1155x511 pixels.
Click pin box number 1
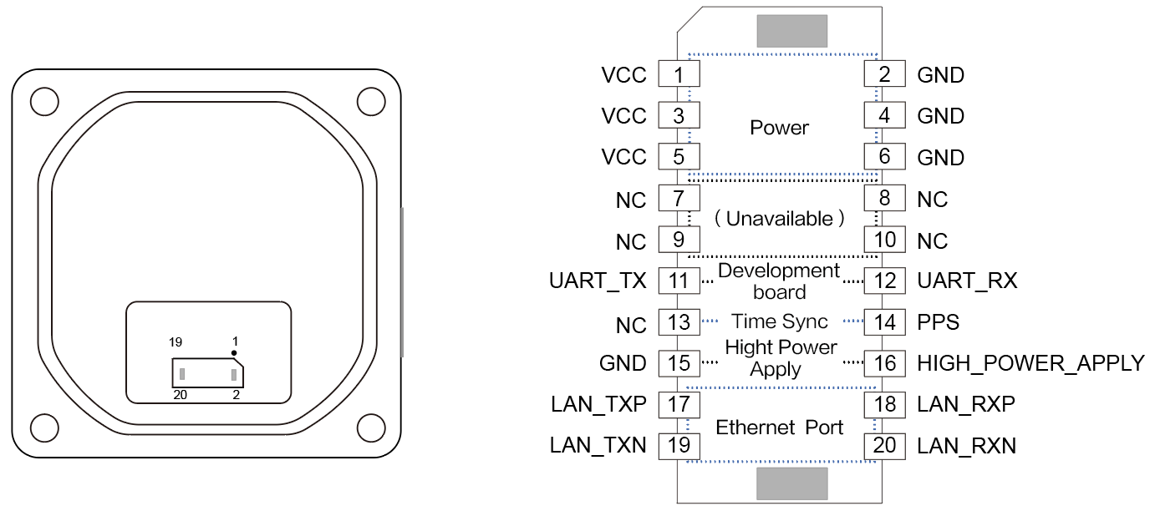[x=679, y=74]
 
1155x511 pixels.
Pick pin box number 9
[x=679, y=240]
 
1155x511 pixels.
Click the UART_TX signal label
[x=598, y=281]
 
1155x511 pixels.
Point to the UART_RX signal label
[x=967, y=281]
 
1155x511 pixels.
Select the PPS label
[x=938, y=321]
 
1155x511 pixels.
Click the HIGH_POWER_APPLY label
[x=1030, y=363]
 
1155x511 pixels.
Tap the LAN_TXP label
[x=598, y=404]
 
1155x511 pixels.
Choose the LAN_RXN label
[x=966, y=446]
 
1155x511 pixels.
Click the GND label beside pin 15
[x=623, y=363]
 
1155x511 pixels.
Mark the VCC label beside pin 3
[x=623, y=116]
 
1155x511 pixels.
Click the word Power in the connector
[x=779, y=128]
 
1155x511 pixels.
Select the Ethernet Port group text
[x=779, y=428]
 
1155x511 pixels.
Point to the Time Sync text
[x=779, y=321]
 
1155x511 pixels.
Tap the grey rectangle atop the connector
[x=791, y=31]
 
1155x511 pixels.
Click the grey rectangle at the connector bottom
[x=791, y=483]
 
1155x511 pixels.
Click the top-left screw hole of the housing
[x=44, y=102]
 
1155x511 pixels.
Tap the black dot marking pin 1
[x=235, y=353]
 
